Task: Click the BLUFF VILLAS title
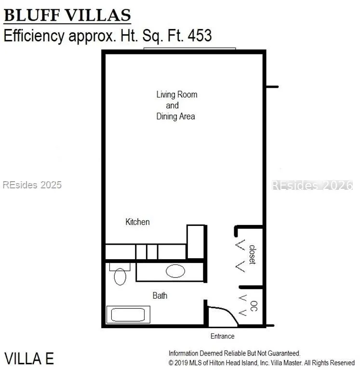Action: click(67, 15)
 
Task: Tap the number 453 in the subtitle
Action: click(200, 36)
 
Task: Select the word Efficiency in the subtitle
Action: click(34, 36)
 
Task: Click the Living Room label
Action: click(177, 94)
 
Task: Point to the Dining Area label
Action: click(175, 116)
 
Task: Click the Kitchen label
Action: click(138, 222)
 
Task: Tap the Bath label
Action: click(160, 295)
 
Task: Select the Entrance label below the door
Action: click(222, 336)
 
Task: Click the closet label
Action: click(253, 255)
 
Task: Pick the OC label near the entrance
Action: click(254, 306)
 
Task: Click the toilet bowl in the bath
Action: click(120, 277)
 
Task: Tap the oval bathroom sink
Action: click(175, 271)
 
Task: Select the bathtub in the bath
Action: click(128, 315)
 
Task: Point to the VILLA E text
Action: click(29, 358)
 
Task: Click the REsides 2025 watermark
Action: click(32, 185)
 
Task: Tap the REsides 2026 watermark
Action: click(312, 185)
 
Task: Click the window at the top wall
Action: click(190, 49)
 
